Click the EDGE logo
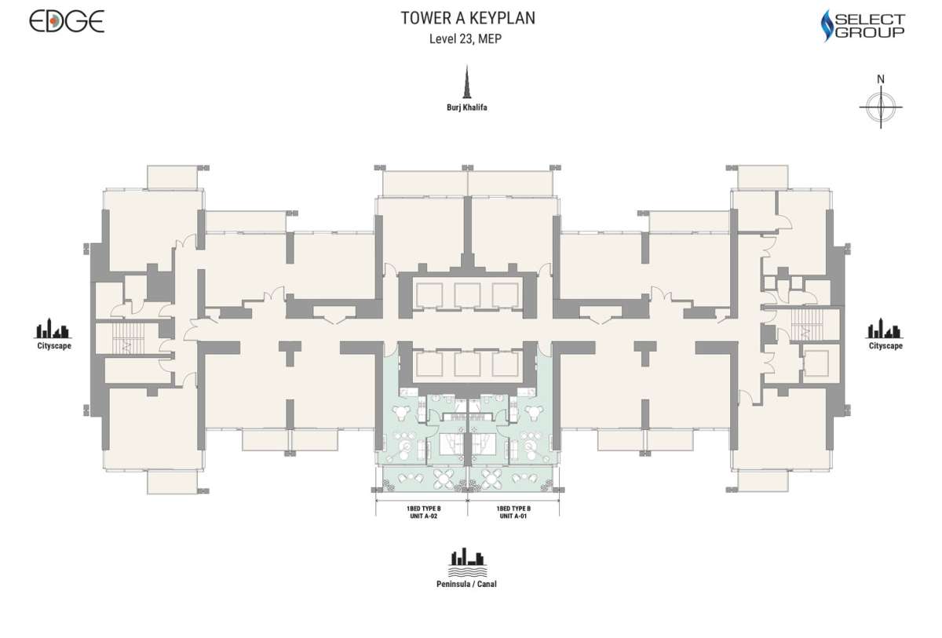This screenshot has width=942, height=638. coord(67,21)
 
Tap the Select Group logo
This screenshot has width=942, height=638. coord(863,26)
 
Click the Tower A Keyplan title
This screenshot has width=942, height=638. coord(468,18)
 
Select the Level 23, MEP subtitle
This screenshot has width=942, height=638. coord(465,39)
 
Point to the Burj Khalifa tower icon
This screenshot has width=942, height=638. coord(467,82)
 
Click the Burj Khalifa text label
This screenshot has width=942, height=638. coord(467,108)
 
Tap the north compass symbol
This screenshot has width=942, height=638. coord(881,107)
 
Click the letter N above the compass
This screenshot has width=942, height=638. coord(881,79)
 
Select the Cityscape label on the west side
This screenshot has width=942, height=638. coord(54,346)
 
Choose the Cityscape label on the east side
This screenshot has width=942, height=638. coord(885,346)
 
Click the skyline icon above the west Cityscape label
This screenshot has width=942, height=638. coord(53,328)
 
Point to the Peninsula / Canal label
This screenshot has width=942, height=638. coord(466,584)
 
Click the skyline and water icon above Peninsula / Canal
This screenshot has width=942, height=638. coord(468,563)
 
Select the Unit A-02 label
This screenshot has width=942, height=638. coord(423,512)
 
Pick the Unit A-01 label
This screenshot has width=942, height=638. coord(513,512)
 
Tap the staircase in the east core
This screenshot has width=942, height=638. coord(805,326)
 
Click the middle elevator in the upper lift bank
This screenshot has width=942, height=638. coord(467,295)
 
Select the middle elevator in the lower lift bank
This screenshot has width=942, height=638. coord(467,364)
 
